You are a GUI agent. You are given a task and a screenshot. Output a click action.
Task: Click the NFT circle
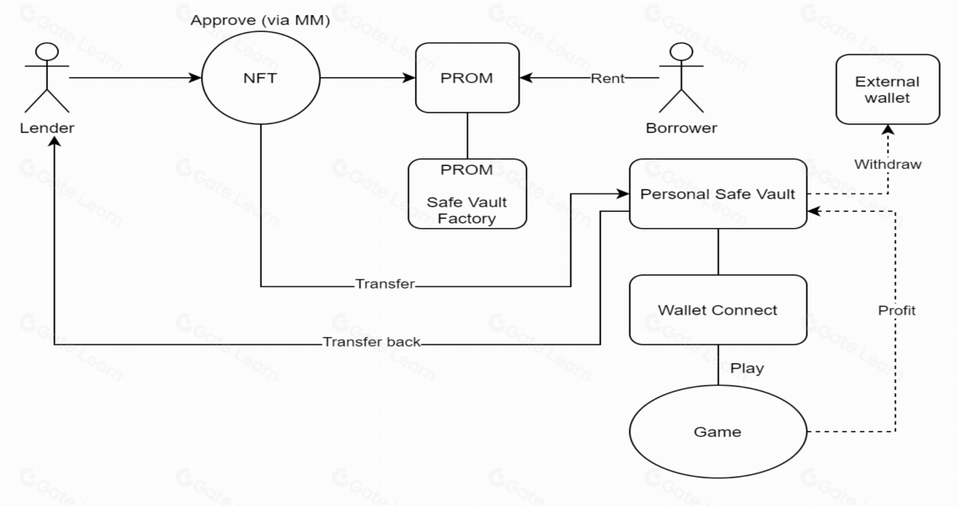click(260, 78)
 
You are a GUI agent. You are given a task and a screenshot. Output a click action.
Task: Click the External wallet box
click(887, 89)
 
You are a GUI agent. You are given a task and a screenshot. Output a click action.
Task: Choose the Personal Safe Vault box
click(718, 194)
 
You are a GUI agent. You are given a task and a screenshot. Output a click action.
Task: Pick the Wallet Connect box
click(718, 309)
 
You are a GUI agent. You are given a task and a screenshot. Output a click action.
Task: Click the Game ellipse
click(718, 431)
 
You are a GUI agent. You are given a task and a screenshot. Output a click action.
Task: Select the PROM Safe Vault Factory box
click(467, 193)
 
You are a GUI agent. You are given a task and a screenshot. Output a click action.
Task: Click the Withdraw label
click(888, 164)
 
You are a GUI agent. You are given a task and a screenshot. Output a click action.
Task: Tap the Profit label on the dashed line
click(896, 310)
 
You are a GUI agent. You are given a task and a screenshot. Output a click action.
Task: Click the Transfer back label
click(372, 343)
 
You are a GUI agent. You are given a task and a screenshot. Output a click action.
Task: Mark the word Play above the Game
click(746, 368)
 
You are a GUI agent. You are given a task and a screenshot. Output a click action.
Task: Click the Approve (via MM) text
click(260, 20)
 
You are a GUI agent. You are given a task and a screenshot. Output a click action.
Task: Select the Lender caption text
click(48, 128)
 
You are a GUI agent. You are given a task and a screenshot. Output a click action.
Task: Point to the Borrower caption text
click(681, 128)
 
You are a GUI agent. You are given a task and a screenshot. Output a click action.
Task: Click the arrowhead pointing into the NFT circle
click(197, 78)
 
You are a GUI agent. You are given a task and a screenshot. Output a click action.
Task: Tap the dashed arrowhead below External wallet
click(888, 130)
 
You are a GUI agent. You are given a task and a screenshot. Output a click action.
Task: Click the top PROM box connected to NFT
click(467, 78)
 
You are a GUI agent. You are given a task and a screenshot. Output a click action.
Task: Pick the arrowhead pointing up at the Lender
click(55, 144)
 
